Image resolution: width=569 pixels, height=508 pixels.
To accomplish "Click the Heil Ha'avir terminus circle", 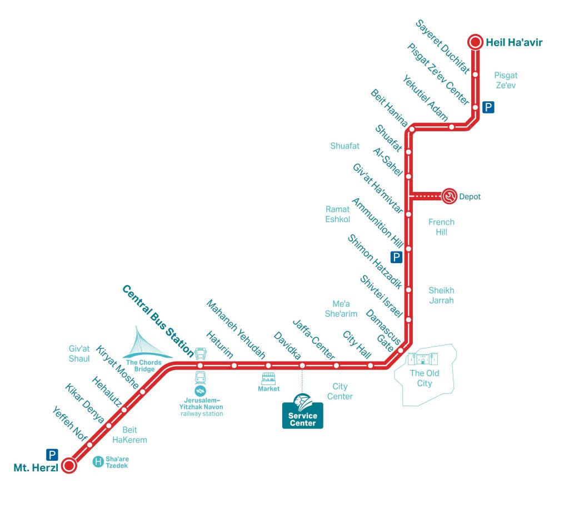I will click(x=475, y=41).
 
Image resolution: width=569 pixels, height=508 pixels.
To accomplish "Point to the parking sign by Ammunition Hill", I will click(x=396, y=257).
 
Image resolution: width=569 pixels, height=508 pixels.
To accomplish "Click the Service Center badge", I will click(x=302, y=412).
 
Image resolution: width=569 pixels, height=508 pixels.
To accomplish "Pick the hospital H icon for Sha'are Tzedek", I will click(x=98, y=461).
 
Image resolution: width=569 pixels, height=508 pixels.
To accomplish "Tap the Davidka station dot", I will click(x=302, y=366).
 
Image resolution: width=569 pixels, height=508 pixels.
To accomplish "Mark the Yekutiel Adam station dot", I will click(x=452, y=127).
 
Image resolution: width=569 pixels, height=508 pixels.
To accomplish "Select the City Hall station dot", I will click(x=370, y=366).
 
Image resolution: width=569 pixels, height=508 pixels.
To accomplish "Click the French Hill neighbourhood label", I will click(x=441, y=227).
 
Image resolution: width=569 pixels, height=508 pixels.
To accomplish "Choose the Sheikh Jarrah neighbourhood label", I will click(x=441, y=295).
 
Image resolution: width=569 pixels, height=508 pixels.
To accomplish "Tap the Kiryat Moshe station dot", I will click(x=143, y=392).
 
